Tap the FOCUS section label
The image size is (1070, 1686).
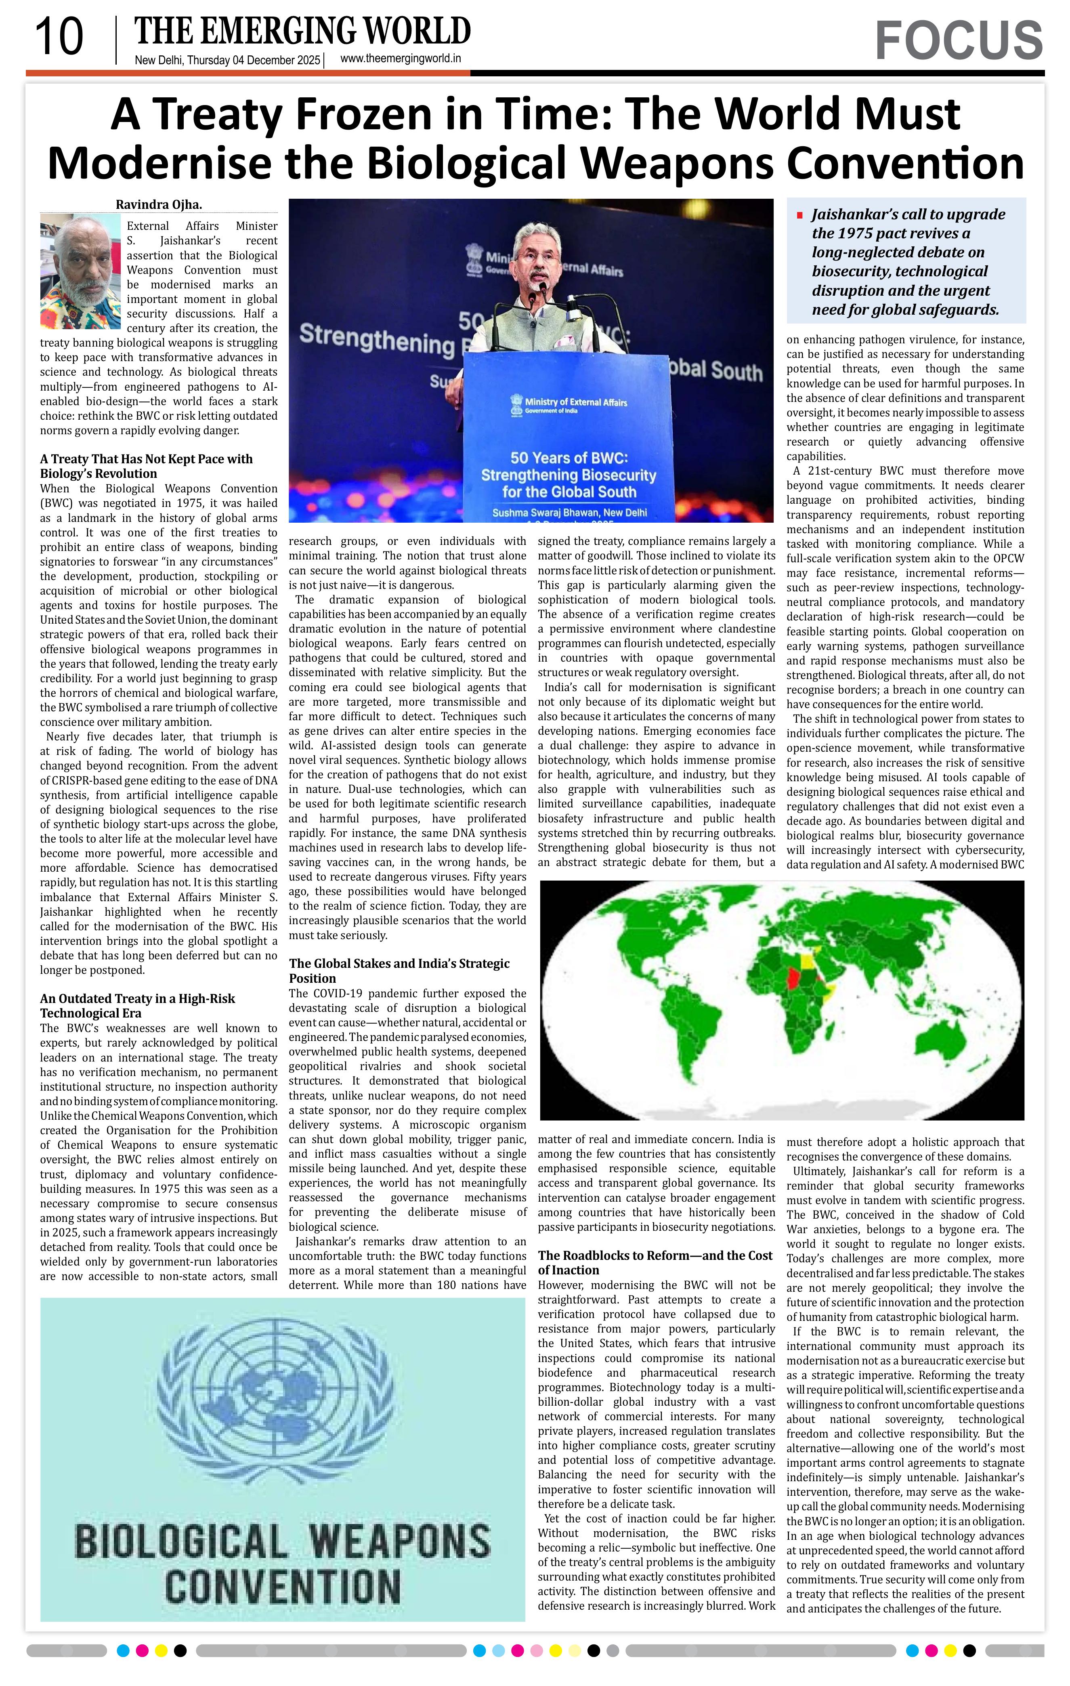(958, 41)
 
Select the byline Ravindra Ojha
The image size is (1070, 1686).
(159, 204)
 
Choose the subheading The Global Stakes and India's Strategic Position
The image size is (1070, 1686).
(399, 970)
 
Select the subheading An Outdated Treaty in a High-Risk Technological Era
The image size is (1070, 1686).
(137, 1005)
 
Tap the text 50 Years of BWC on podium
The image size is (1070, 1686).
(568, 458)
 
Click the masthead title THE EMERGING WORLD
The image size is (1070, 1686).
(302, 32)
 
